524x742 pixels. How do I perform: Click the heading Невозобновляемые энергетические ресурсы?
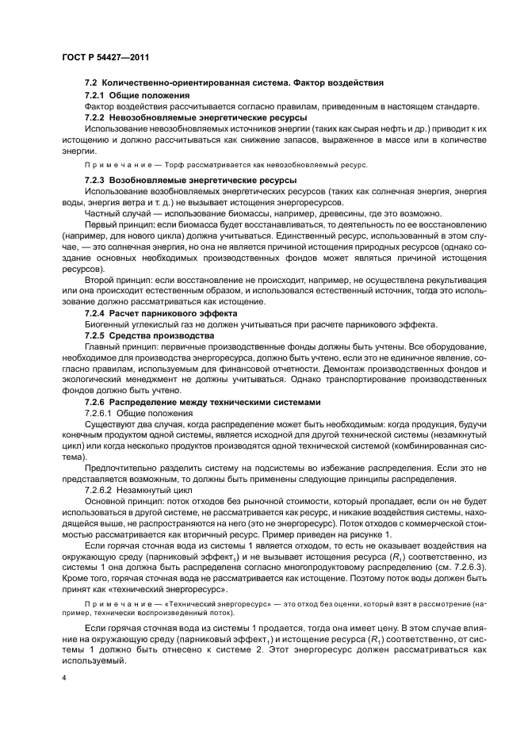(197, 117)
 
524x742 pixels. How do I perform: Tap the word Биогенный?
(106, 325)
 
